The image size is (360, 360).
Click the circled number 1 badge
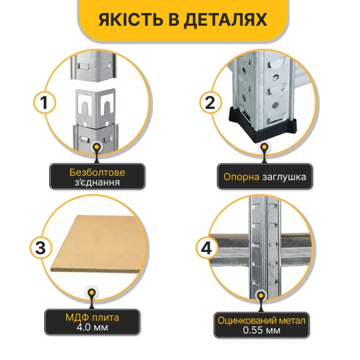point(45,103)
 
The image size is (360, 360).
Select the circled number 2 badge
point(210,103)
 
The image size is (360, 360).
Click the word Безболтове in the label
point(97,172)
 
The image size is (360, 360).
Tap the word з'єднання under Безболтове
point(97,182)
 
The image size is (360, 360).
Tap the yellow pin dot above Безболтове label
point(97,147)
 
